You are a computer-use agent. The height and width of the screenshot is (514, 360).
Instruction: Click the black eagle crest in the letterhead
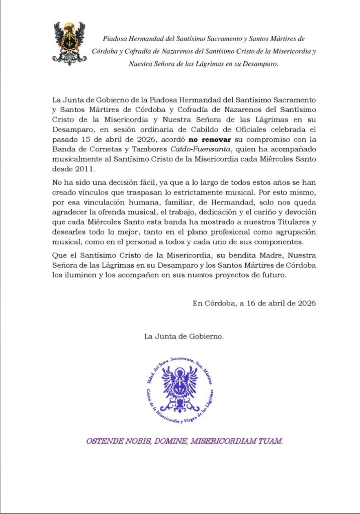pos(69,44)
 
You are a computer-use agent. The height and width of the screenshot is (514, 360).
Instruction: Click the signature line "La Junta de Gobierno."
pos(185,336)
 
